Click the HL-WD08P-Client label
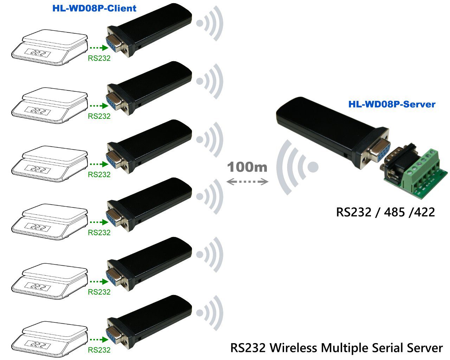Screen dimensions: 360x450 click(94, 8)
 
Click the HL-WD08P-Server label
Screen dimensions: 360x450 click(392, 104)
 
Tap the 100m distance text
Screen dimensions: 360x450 click(247, 167)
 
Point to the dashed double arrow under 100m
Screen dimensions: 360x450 click(247, 181)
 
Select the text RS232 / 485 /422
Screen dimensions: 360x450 click(385, 212)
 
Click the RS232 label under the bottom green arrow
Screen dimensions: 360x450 click(99, 350)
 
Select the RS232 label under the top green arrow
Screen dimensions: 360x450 click(99, 58)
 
